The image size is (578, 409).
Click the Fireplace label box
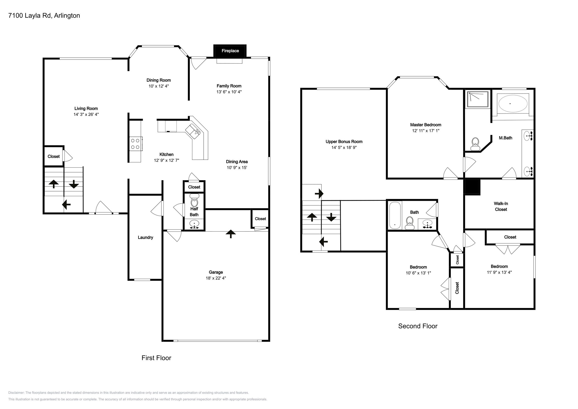pyautogui.click(x=230, y=51)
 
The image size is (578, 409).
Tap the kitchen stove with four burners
pyautogui.click(x=135, y=144)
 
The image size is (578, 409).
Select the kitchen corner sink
pyautogui.click(x=193, y=130)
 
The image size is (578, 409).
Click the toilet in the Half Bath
pyautogui.click(x=194, y=201)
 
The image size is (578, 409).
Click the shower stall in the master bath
pyautogui.click(x=478, y=99)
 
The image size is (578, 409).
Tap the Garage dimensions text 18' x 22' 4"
pyautogui.click(x=216, y=278)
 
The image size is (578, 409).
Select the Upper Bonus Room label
pyautogui.click(x=344, y=142)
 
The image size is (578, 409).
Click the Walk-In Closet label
pyautogui.click(x=501, y=206)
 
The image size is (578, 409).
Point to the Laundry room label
pyautogui.click(x=145, y=238)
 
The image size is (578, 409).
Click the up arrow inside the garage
pyautogui.click(x=230, y=233)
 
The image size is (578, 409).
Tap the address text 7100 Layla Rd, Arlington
pyautogui.click(x=44, y=16)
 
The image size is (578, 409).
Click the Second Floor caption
pyautogui.click(x=417, y=326)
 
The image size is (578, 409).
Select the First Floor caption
pyautogui.click(x=156, y=358)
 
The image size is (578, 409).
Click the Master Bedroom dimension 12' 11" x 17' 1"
pyautogui.click(x=425, y=131)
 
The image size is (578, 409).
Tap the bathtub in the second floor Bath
pyautogui.click(x=395, y=215)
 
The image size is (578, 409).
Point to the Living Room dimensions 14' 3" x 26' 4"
pyautogui.click(x=86, y=114)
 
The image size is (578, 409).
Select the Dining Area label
pyautogui.click(x=237, y=162)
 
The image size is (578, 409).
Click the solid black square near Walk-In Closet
pyautogui.click(x=472, y=187)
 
